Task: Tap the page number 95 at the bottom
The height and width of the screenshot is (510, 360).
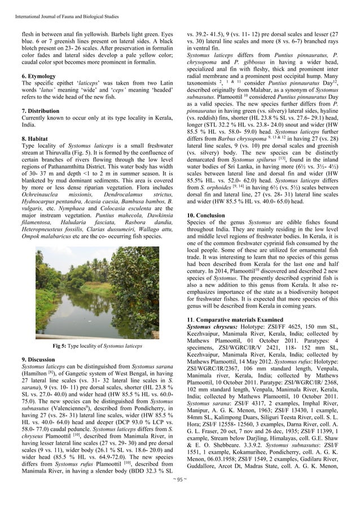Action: click(x=180, y=496)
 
